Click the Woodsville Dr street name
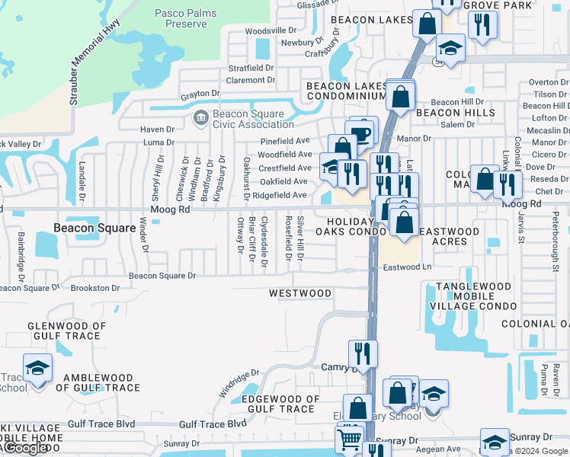[271, 30]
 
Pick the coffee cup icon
[363, 131]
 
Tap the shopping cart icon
[349, 439]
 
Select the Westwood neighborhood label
[300, 293]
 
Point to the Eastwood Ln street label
[407, 267]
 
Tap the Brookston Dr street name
[94, 288]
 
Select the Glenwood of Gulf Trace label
[53, 331]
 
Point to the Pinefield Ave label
[285, 141]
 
